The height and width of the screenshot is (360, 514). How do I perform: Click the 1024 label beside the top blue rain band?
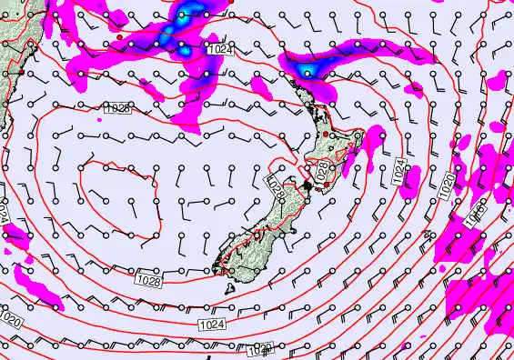tap(218, 51)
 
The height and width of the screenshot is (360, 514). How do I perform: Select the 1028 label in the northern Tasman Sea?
tap(117, 108)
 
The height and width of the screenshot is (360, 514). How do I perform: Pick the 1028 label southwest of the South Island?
tap(150, 283)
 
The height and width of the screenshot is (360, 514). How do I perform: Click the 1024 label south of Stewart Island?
tap(210, 324)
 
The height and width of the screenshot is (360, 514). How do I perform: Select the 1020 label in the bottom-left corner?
tap(11, 321)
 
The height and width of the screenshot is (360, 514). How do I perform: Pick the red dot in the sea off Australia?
tap(119, 37)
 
